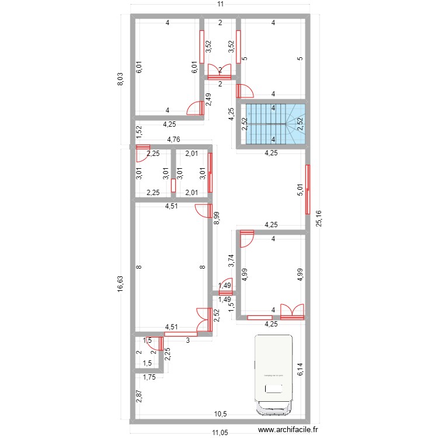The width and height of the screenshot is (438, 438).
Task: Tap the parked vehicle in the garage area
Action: pos(273,374)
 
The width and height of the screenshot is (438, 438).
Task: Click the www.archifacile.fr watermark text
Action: pos(284,431)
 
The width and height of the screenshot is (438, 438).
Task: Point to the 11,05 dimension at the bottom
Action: pos(220,432)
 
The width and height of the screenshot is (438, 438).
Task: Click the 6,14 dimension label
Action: pos(300,369)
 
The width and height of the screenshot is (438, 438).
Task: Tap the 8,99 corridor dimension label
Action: pos(217,218)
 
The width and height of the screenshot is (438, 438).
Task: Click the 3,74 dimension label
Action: pos(231,260)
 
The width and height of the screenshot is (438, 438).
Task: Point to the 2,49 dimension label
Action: pos(208,100)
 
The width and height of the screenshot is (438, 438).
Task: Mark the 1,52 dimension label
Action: pos(139,132)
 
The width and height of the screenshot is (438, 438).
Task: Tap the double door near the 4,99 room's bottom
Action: pos(292,312)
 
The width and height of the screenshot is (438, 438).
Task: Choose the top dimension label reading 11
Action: pos(220,5)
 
